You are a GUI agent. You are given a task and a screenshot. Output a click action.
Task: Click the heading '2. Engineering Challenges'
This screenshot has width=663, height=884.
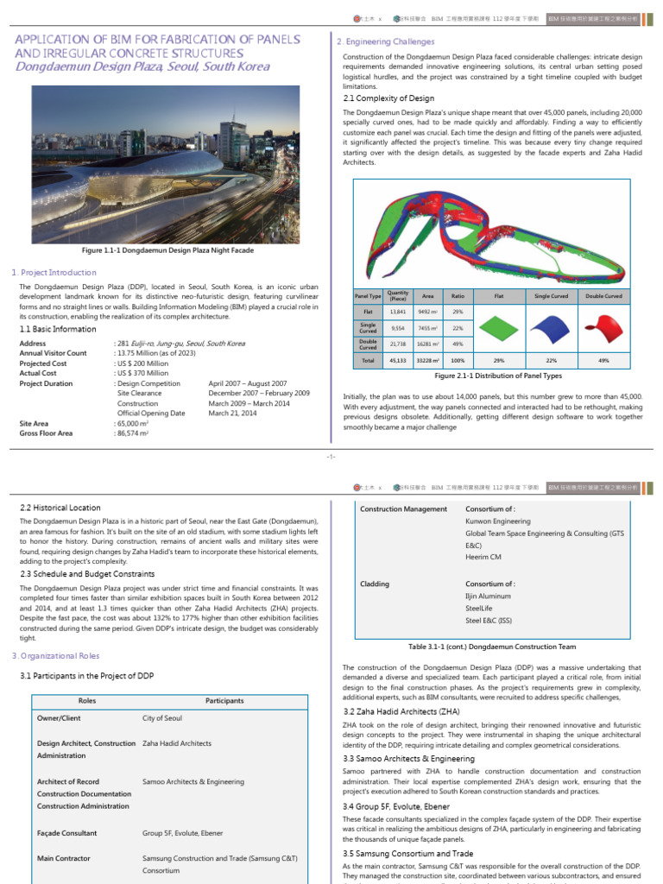pyautogui.click(x=385, y=41)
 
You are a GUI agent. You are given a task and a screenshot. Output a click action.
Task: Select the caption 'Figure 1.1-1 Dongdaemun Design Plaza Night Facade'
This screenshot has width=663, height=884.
pyautogui.click(x=167, y=249)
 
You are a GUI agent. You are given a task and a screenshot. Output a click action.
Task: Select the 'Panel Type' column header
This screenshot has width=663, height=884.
pyautogui.click(x=368, y=296)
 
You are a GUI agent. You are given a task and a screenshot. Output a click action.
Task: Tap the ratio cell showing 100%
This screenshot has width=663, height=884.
pyautogui.click(x=458, y=360)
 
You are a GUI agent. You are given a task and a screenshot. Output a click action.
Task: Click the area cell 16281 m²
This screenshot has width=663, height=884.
pyautogui.click(x=429, y=344)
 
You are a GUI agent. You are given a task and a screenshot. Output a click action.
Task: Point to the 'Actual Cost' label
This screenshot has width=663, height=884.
pyautogui.click(x=41, y=373)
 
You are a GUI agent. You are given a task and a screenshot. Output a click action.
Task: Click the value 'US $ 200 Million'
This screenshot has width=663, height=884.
pyautogui.click(x=142, y=363)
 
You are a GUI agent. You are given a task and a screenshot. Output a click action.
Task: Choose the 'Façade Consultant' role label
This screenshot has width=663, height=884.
pyautogui.click(x=67, y=833)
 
